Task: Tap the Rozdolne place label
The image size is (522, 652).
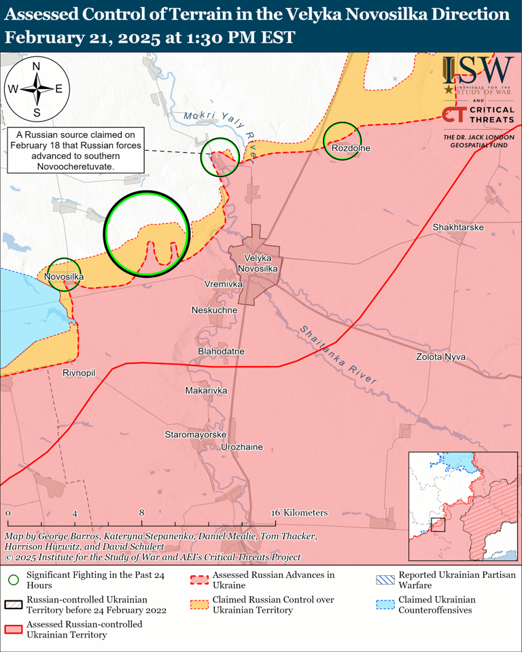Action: pos(351,148)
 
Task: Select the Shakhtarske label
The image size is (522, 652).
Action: pos(457,227)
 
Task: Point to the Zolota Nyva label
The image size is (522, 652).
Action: pos(441,357)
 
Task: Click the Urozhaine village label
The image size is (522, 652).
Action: pos(242,448)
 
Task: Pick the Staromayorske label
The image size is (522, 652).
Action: pos(195,433)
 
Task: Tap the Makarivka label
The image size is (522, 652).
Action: pos(206,391)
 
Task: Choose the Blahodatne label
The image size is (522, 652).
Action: pos(221,351)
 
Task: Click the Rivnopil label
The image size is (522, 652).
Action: pos(79,374)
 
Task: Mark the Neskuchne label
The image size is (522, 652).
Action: pos(215,310)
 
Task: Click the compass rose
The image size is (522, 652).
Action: pos(36,88)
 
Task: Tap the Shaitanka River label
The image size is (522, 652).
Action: pos(337,356)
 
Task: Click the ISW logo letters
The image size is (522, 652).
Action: pos(478,69)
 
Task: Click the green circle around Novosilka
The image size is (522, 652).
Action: pos(65,274)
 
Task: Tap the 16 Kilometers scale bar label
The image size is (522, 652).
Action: pos(300,513)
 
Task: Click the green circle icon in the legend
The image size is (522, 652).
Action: pos(14,580)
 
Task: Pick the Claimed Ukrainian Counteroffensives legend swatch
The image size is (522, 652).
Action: pos(385,604)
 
